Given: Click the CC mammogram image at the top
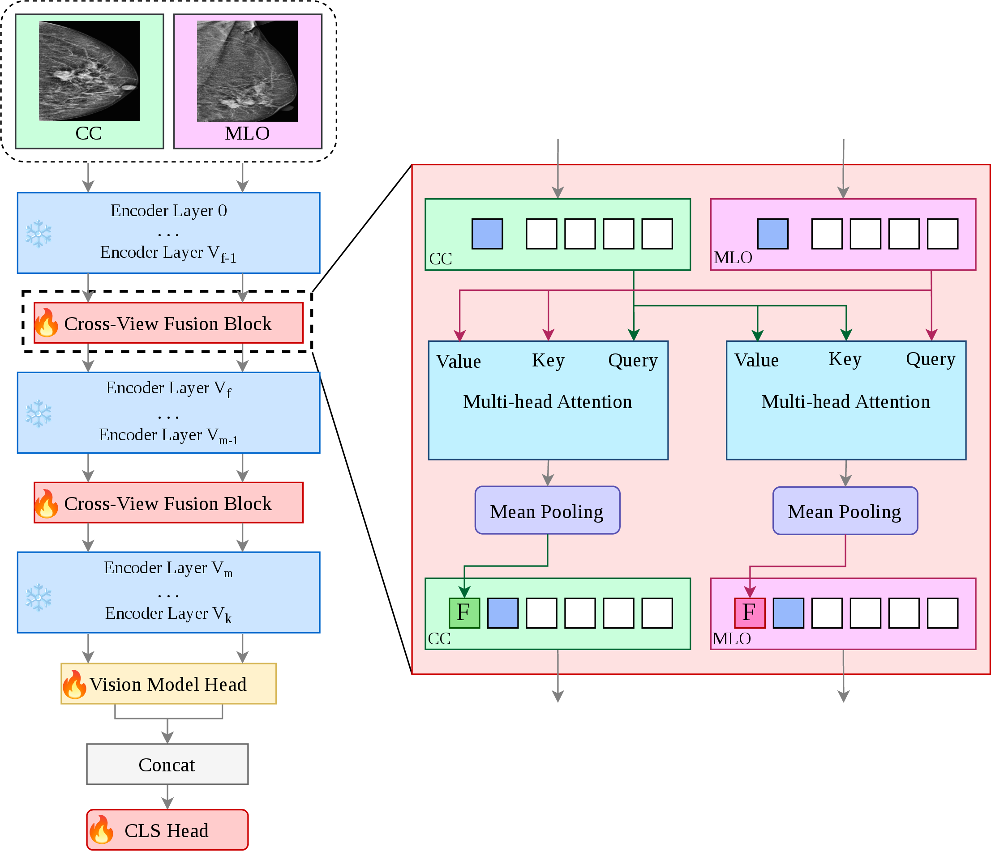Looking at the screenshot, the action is point(89,71).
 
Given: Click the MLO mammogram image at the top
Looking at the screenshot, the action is point(247,71).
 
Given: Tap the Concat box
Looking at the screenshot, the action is point(167,764).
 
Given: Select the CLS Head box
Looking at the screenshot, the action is point(167,830).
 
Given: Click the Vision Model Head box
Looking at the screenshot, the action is point(168,684).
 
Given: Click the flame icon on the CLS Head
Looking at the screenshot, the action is point(101,830).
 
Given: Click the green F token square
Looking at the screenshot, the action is point(464,613).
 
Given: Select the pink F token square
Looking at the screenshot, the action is point(750,613).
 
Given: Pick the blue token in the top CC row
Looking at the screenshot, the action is point(487,234).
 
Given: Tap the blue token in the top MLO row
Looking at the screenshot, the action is point(772,234).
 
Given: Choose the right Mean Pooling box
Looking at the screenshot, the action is point(845,511).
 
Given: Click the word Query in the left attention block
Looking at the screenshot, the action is point(633,361).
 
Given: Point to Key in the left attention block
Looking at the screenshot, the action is point(548,361).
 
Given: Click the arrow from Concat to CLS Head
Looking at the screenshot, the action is point(167,797).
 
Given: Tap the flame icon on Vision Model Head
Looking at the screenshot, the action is point(75,684).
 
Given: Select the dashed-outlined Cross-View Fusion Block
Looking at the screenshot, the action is point(168,323).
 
